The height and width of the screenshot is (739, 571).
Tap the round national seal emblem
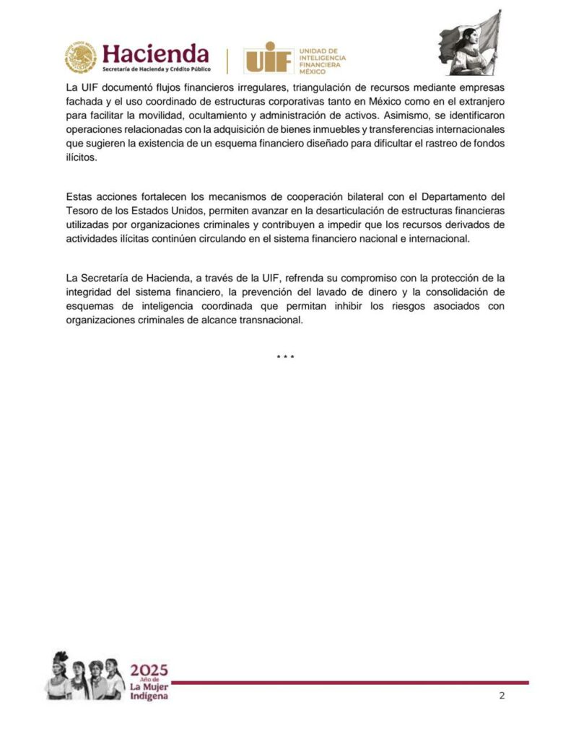80,58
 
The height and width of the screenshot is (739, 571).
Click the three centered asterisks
286,357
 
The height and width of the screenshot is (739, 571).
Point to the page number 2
502,696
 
